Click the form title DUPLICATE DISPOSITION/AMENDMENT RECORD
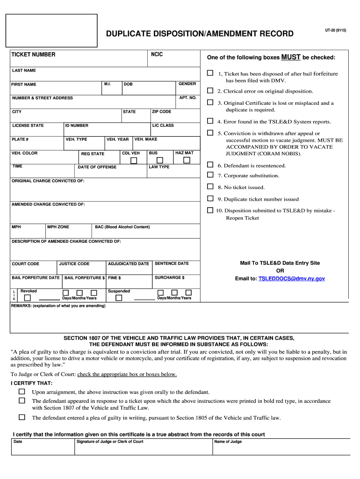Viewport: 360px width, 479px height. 200,34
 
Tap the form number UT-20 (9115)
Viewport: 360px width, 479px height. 336,30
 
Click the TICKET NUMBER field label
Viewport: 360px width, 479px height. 33,55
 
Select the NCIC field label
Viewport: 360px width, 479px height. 157,55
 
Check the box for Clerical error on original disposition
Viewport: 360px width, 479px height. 210,91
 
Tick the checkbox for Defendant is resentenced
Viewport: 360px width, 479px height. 210,165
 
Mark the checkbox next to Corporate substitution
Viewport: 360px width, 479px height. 210,175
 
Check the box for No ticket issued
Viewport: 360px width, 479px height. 210,187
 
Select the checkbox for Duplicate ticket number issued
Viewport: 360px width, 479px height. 210,198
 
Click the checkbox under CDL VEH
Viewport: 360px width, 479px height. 134,160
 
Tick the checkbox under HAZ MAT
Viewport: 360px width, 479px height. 187,160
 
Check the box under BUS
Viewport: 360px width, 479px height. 160,160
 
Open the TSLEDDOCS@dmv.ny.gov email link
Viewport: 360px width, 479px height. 292,278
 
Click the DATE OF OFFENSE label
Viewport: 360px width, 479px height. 97,167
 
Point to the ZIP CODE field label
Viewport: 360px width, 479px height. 161,112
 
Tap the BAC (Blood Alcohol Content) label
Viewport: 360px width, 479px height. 122,227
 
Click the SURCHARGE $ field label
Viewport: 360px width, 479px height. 169,277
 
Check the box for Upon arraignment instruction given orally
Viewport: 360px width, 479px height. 22,391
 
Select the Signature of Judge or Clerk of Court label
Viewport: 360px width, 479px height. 109,442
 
